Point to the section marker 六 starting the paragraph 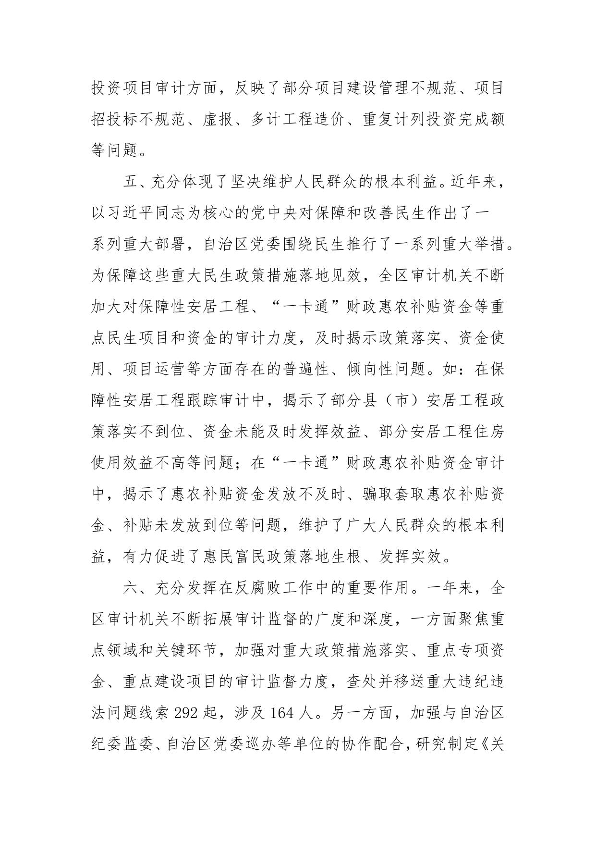point(130,588)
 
